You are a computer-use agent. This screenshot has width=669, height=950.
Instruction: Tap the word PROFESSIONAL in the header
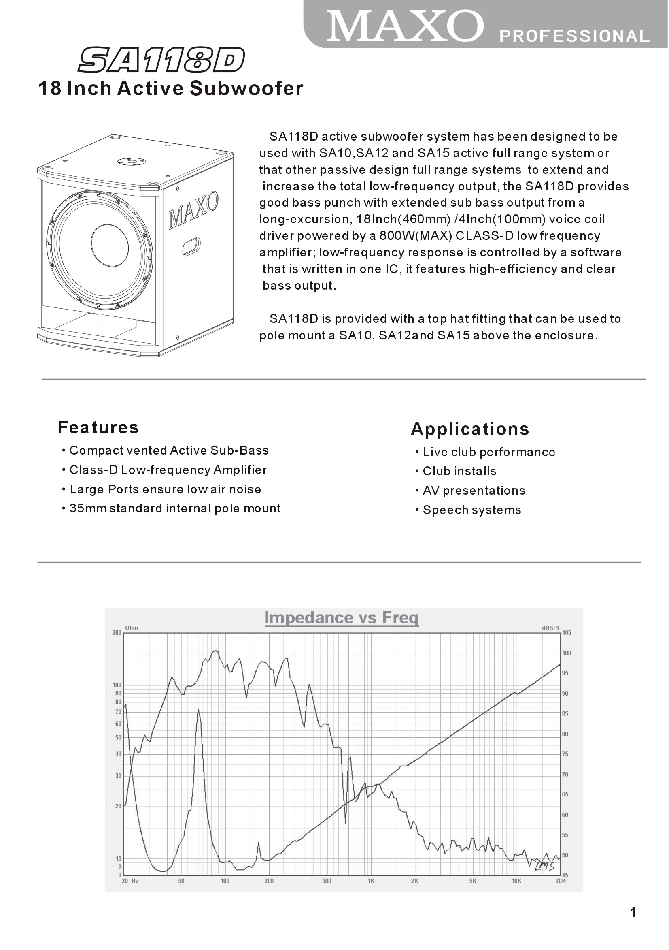pos(575,36)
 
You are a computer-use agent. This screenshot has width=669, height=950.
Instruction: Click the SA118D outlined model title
pos(161,60)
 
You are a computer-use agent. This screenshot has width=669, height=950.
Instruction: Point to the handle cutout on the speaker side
pos(191,246)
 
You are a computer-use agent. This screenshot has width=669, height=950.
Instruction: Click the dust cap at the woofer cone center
pos(110,246)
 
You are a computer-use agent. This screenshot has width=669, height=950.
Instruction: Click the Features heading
pos(98,427)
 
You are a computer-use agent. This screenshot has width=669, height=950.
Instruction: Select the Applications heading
pos(470,429)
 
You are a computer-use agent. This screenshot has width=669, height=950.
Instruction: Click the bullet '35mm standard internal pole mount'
pos(174,508)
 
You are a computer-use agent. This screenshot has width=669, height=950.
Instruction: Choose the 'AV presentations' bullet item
pos(474,490)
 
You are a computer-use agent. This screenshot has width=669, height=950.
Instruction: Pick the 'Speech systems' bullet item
pos(471,510)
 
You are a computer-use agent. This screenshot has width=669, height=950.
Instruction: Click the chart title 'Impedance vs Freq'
pos(342,617)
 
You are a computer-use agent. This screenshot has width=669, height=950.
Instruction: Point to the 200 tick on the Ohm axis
pos(117,633)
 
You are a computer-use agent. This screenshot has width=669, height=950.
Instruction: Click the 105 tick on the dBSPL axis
pos(567,633)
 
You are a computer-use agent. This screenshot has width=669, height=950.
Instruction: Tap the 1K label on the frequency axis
pos(371,881)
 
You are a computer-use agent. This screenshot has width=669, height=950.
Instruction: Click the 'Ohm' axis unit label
pos(132,628)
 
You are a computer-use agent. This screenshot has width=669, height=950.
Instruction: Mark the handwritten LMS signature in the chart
pos(544,866)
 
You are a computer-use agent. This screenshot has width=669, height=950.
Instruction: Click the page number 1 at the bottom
pos(633,912)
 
